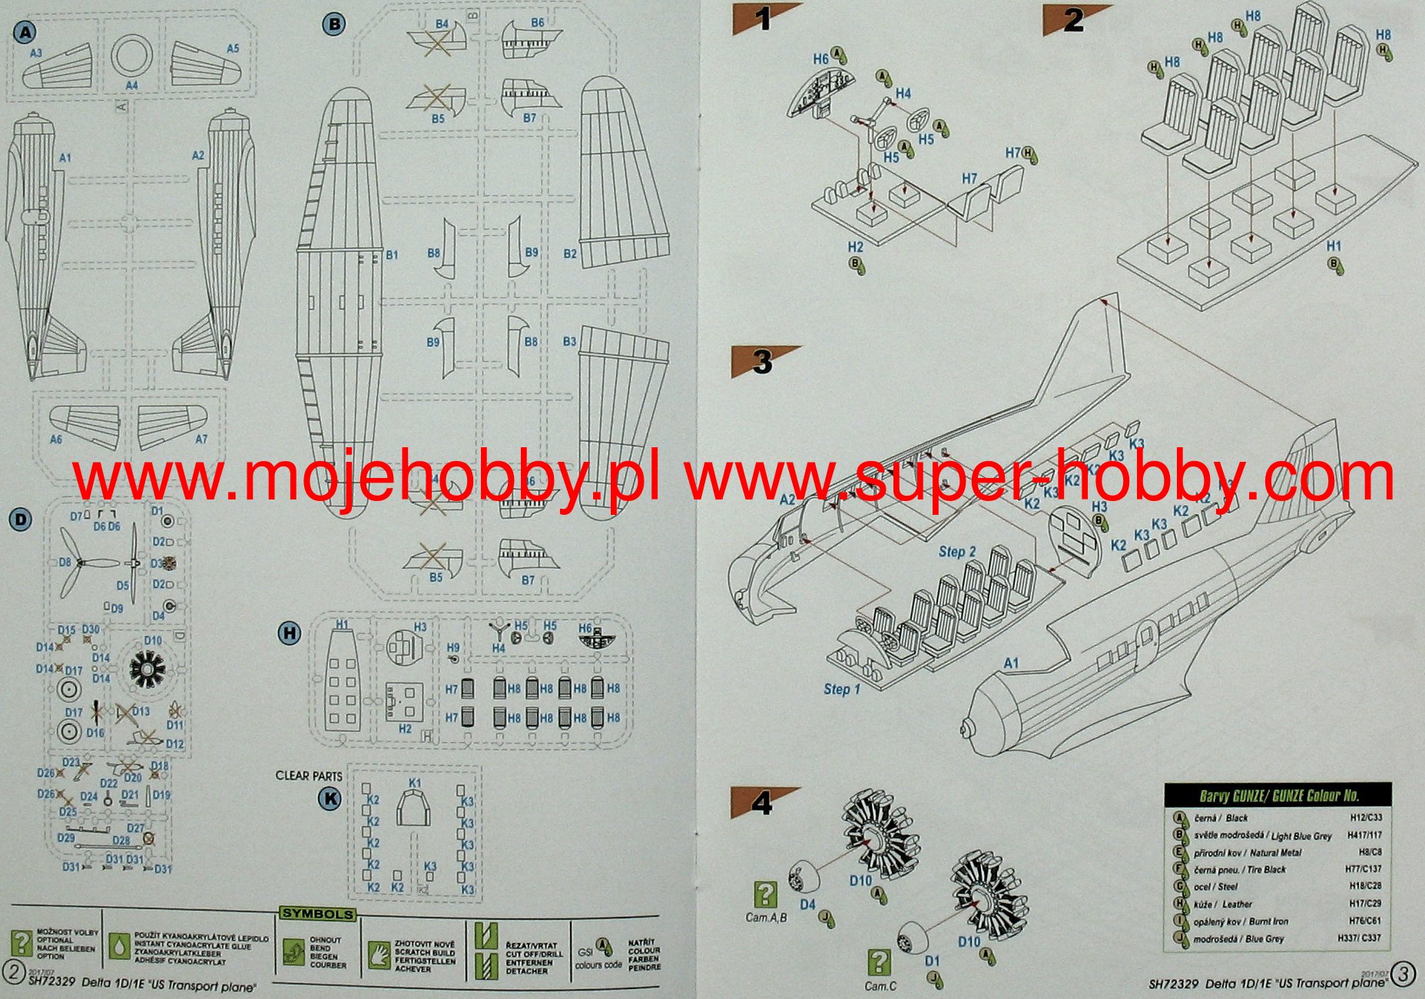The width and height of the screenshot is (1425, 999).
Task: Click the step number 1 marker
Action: [x=762, y=18]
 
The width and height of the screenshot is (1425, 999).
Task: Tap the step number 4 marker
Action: [x=761, y=803]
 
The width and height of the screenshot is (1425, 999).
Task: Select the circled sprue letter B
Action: [x=334, y=25]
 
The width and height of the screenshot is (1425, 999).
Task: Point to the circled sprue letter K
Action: [x=330, y=798]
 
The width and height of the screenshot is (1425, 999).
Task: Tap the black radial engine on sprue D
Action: [x=146, y=669]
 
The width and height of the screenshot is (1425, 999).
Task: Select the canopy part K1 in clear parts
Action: [x=415, y=808]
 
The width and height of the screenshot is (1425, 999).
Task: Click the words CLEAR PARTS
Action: [x=309, y=775]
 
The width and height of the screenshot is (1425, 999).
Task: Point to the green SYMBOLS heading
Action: [x=317, y=914]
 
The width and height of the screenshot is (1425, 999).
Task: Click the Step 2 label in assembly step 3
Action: [x=956, y=552]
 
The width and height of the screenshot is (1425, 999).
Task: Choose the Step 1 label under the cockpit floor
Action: [x=842, y=689]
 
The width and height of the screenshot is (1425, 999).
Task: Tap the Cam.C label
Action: [x=880, y=986]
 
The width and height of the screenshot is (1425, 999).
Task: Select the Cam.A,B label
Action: [x=766, y=918]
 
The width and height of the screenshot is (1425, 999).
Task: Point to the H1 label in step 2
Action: [x=1334, y=246]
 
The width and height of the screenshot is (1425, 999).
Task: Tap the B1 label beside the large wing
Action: [x=392, y=254]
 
